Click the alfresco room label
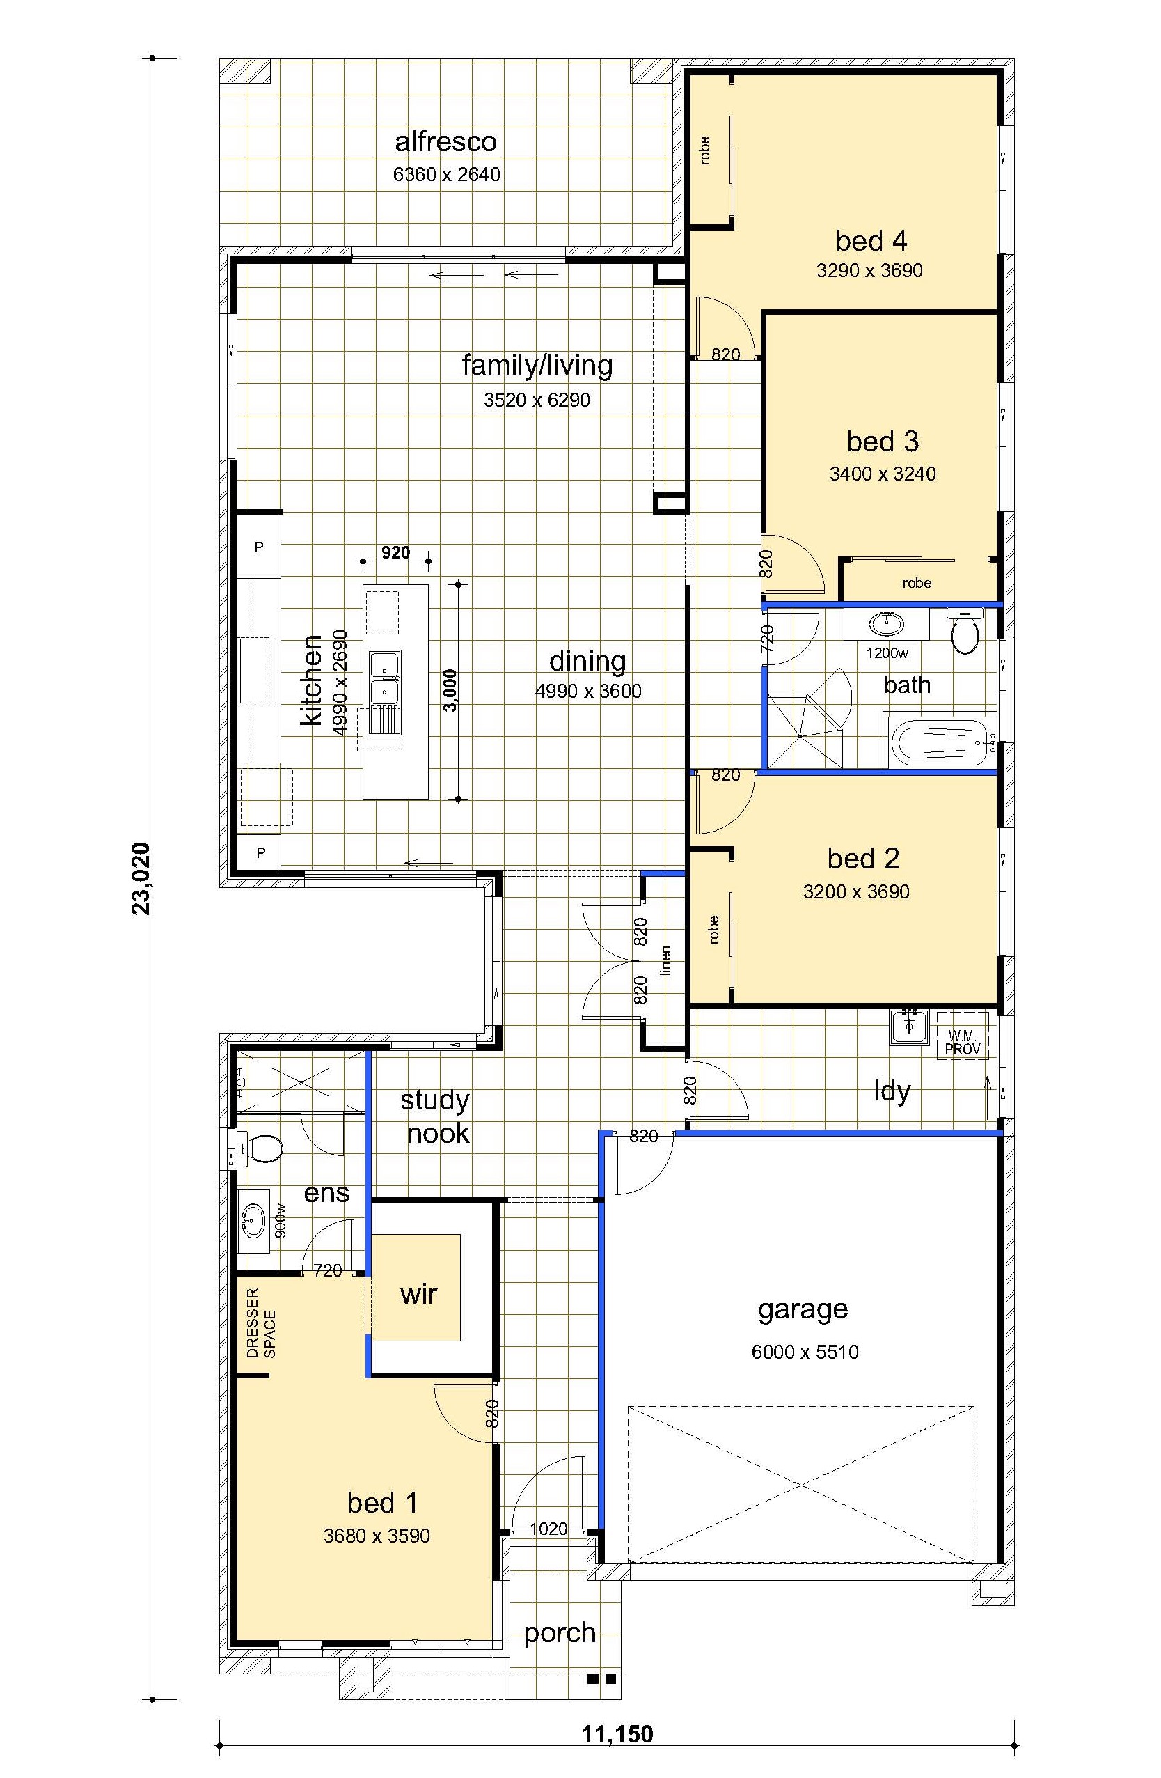pos(445,141)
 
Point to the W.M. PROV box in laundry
pos(963,1036)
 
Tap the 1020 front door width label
pos(548,1529)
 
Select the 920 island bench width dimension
pos(396,553)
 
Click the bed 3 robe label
pos(917,583)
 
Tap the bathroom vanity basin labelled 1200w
pos(887,623)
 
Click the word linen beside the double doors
pos(666,960)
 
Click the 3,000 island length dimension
pos(450,690)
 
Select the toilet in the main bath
pos(965,631)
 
